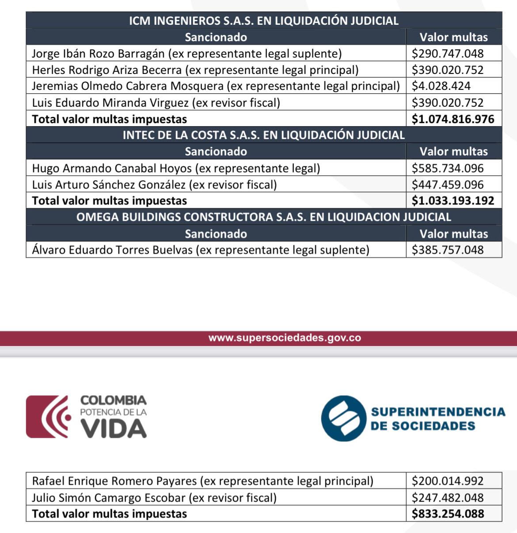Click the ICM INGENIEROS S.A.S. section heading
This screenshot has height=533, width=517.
point(264,21)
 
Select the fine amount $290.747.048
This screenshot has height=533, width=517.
point(447,54)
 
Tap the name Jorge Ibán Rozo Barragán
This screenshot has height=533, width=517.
point(98,54)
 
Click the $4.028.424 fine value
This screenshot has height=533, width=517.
point(441,86)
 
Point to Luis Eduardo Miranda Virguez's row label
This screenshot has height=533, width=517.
point(156,103)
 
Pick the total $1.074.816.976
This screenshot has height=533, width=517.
point(452,119)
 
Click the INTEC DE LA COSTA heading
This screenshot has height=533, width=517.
point(264,135)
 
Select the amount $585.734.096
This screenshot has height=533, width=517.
point(447,168)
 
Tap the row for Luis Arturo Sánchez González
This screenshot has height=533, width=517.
point(154,185)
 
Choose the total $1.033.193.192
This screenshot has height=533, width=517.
point(452,201)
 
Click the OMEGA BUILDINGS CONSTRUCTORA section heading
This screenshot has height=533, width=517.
point(264,217)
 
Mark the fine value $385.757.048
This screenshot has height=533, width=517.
point(447,250)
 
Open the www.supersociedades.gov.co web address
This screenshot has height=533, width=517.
point(285,338)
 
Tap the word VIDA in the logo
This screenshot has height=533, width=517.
point(114,429)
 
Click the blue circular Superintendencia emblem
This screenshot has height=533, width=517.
point(343,418)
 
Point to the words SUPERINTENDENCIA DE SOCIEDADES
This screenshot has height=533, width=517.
point(437,418)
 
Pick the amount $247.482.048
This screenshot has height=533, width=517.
point(447,498)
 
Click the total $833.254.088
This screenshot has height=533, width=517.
point(448,514)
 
